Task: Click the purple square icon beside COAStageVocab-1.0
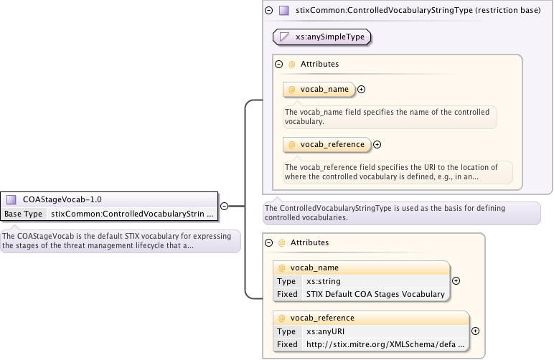coord(11,199)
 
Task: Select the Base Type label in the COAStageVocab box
coord(24,214)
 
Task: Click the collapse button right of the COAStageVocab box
coord(224,206)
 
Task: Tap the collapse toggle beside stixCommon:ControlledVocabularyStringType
coord(269,11)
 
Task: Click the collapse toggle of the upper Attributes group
coord(279,64)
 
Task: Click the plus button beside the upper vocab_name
coord(362,90)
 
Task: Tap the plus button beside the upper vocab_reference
coord(377,145)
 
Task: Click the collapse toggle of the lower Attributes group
coord(269,243)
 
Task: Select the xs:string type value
coord(324,281)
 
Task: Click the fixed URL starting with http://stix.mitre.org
coord(385,344)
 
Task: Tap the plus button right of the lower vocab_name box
coord(456,281)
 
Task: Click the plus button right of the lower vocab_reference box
coord(475,331)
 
